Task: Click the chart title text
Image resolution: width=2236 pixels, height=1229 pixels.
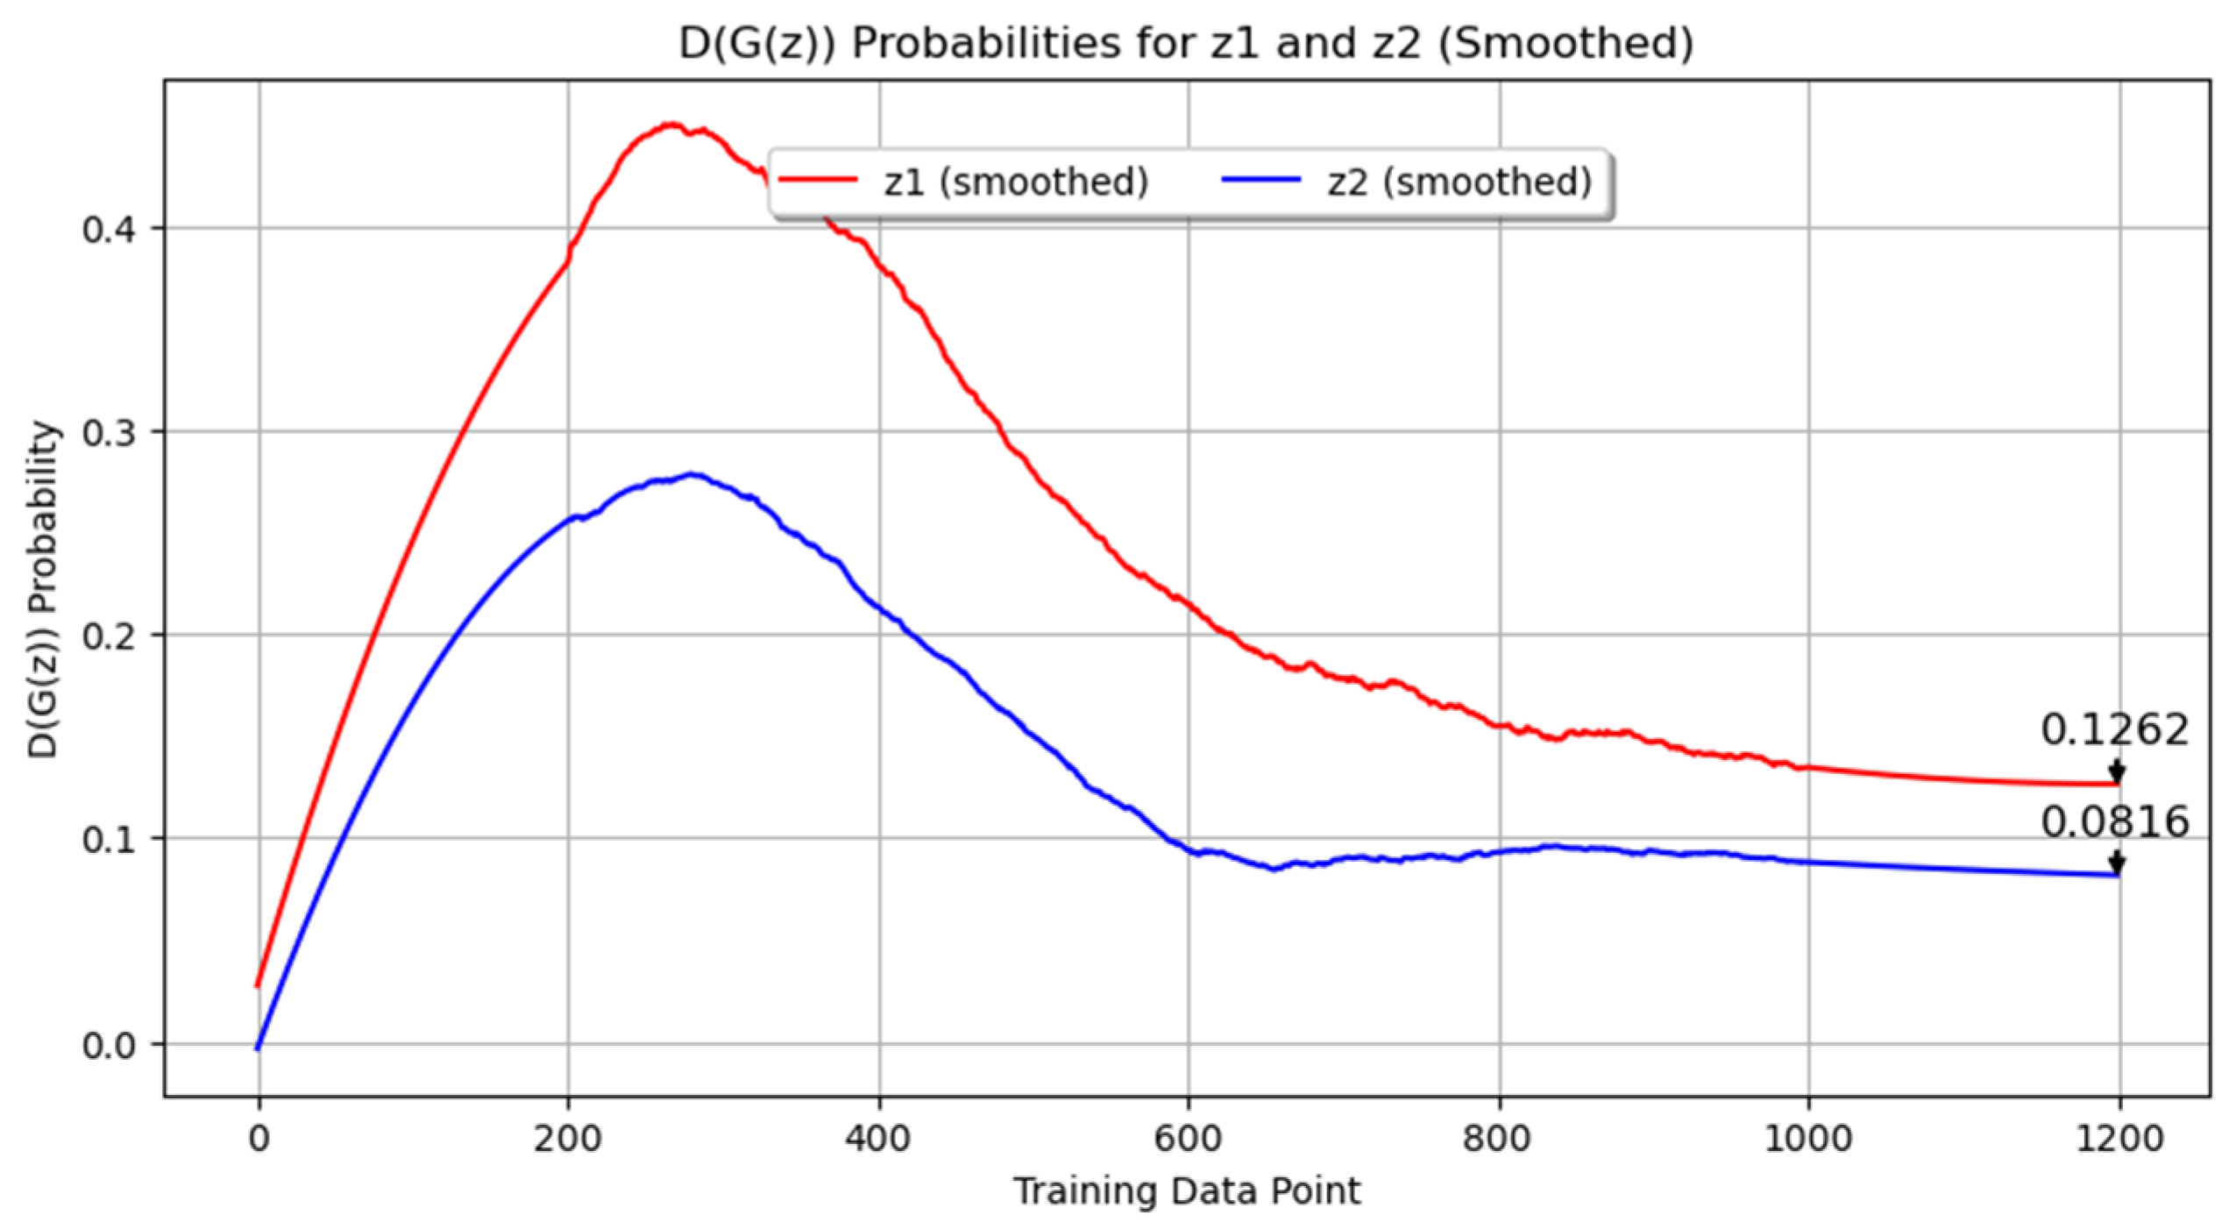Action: [x=1185, y=42]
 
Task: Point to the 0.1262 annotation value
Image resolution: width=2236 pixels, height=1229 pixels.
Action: [x=2114, y=729]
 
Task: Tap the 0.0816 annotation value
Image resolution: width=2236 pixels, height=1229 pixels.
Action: [x=2114, y=821]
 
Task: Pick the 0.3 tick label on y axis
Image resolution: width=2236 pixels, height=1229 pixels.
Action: [x=110, y=432]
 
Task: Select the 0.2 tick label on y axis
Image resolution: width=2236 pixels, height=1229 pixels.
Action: [x=110, y=636]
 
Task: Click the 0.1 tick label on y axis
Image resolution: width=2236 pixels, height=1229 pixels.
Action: [x=110, y=839]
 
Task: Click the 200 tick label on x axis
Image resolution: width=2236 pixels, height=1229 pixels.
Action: [x=568, y=1138]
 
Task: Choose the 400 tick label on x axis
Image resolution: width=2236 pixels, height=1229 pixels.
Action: [x=878, y=1138]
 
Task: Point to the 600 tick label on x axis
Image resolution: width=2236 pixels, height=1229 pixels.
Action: [x=1189, y=1138]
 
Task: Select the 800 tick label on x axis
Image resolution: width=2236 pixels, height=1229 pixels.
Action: [x=1499, y=1138]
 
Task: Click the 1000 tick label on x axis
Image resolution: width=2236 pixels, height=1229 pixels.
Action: [x=1808, y=1138]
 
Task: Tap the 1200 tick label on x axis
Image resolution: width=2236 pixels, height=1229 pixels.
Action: [x=2119, y=1138]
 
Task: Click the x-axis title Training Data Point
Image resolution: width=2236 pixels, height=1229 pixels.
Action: [x=1187, y=1191]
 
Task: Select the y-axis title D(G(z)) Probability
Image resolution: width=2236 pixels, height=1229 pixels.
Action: [x=42, y=589]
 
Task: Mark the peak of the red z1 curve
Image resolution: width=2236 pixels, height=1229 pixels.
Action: [x=671, y=124]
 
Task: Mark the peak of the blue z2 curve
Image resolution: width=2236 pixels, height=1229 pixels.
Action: [x=692, y=474]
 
